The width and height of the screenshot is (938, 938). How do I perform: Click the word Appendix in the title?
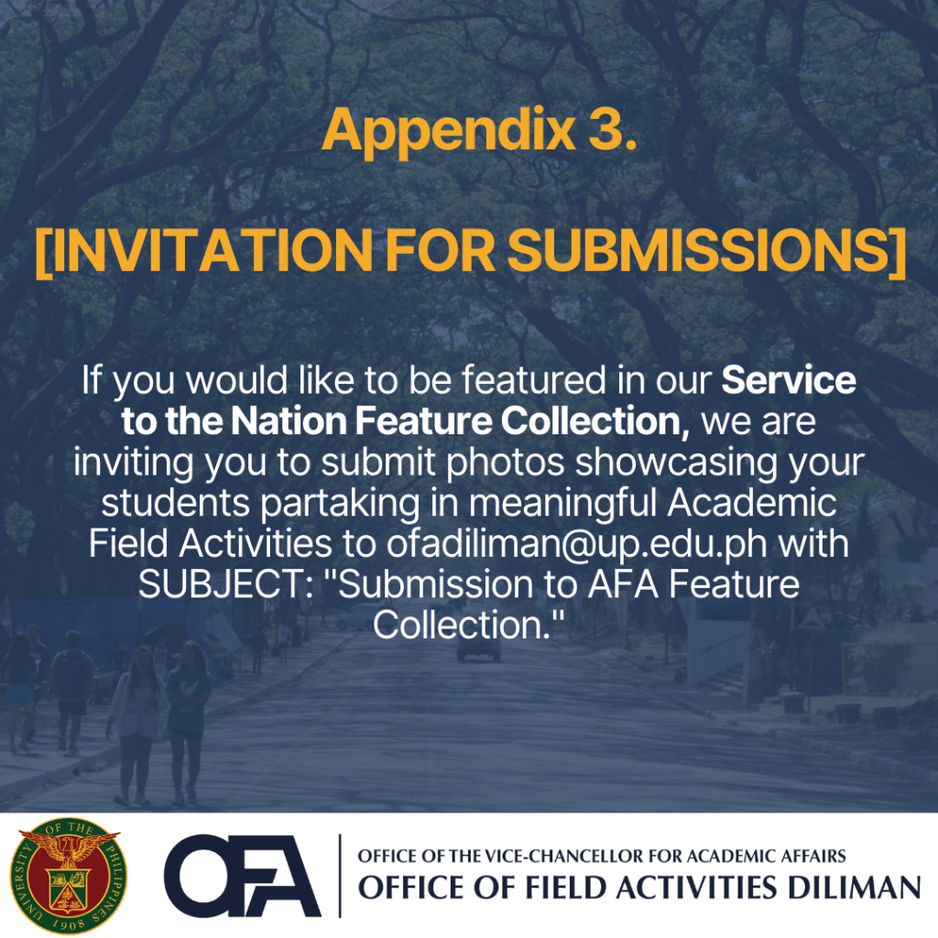[449, 131]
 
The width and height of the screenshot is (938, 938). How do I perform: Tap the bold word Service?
[789, 380]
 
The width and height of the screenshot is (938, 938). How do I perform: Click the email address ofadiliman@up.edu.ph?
[577, 545]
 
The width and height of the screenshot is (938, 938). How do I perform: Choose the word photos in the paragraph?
[505, 464]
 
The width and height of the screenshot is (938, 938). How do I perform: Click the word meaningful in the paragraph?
[562, 505]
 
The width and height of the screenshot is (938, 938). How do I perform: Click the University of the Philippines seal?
[69, 875]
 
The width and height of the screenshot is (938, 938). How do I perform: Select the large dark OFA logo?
[242, 876]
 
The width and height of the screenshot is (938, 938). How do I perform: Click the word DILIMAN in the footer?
[854, 888]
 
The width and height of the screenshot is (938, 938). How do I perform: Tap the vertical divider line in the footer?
[340, 876]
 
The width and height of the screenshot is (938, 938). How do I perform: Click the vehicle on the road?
[478, 649]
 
